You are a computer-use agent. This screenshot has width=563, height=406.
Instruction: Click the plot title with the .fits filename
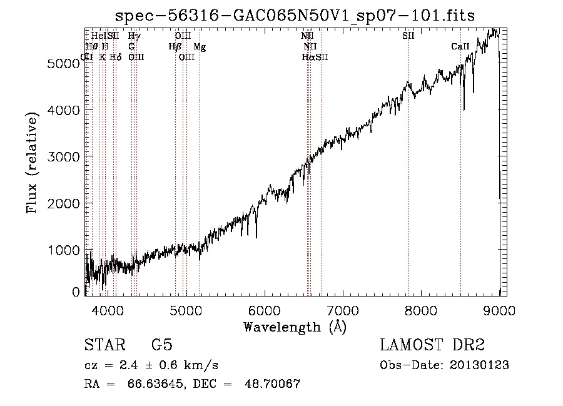point(296,16)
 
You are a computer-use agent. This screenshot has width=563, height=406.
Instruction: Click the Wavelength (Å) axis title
point(295,327)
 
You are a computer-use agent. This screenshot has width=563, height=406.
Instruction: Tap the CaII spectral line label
point(460,47)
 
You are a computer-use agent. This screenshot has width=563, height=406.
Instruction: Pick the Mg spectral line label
point(199,47)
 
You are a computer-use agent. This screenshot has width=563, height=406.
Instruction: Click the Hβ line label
point(175,47)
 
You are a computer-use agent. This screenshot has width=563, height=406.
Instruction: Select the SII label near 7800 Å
point(408,36)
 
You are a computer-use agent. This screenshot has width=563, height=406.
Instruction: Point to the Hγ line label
point(134,36)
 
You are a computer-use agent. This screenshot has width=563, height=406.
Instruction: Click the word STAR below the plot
point(101,345)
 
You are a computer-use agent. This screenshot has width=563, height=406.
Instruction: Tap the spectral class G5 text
point(161,345)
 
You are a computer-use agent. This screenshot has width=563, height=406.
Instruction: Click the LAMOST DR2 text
point(432,345)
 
